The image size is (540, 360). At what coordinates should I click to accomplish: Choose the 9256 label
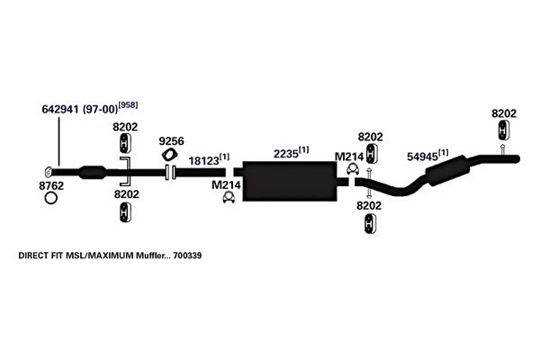click(x=170, y=141)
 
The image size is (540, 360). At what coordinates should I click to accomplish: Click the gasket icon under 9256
click(x=170, y=156)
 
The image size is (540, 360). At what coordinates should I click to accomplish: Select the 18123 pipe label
click(x=203, y=161)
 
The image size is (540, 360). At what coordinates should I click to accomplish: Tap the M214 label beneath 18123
click(x=227, y=185)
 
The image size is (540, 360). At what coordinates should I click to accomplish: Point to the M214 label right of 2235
click(x=349, y=157)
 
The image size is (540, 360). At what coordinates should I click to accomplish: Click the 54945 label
click(x=424, y=156)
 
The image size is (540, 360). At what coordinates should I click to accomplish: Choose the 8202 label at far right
click(x=504, y=112)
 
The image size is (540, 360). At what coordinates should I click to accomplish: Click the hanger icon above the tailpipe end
click(x=504, y=131)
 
